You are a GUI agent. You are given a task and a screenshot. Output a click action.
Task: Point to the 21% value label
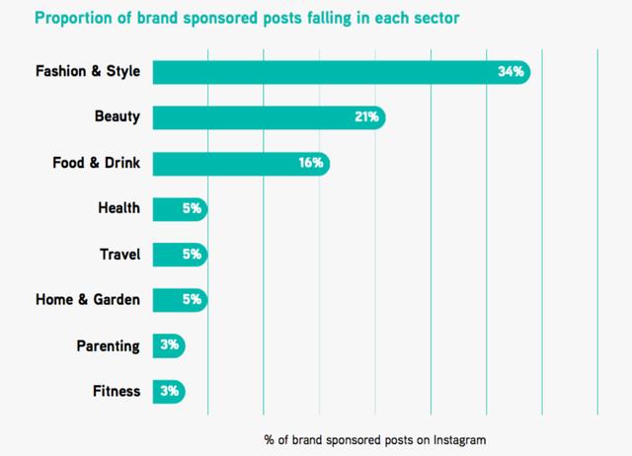(367, 117)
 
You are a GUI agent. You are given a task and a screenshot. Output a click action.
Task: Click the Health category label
(118, 208)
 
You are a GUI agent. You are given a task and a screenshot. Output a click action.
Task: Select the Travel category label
(119, 254)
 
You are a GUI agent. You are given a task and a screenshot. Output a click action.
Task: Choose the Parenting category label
(108, 345)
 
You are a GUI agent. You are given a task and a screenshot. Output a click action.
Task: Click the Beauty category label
(116, 117)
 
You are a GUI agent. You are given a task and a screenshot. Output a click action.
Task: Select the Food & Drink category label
(96, 163)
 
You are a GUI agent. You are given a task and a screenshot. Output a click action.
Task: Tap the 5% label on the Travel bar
(192, 254)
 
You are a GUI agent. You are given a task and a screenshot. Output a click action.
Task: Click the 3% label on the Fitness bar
(169, 391)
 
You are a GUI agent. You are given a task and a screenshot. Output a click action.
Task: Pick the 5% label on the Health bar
(192, 208)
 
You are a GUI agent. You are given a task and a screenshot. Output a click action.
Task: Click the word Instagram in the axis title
(460, 437)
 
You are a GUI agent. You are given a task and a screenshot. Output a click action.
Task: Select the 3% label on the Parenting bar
(169, 345)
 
